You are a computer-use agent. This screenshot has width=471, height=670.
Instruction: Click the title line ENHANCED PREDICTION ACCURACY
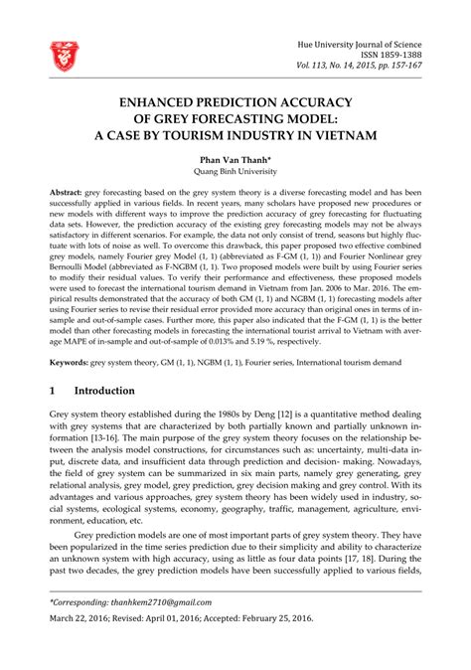(235, 102)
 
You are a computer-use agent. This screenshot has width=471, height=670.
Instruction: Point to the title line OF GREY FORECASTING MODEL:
(235, 119)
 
